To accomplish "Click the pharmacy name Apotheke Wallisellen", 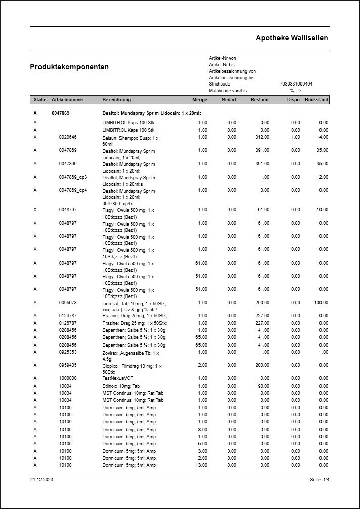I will pyautogui.click(x=292, y=38).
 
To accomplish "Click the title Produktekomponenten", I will pyautogui.click(x=69, y=67).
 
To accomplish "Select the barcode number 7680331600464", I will pyautogui.click(x=296, y=84).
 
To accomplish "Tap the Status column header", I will pyautogui.click(x=41, y=100).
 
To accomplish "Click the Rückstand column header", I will pyautogui.click(x=316, y=100).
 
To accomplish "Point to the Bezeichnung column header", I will pyautogui.click(x=116, y=100).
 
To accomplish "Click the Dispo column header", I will pyautogui.click(x=293, y=100).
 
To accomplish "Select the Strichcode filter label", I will pyautogui.click(x=219, y=84).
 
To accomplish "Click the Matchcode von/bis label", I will pyautogui.click(x=228, y=91).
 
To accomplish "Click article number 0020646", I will pyautogui.click(x=68, y=137).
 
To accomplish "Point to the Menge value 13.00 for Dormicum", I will pyautogui.click(x=201, y=465).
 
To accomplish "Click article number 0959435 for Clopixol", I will pyautogui.click(x=68, y=365).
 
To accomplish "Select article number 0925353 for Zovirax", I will pyautogui.click(x=68, y=352).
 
